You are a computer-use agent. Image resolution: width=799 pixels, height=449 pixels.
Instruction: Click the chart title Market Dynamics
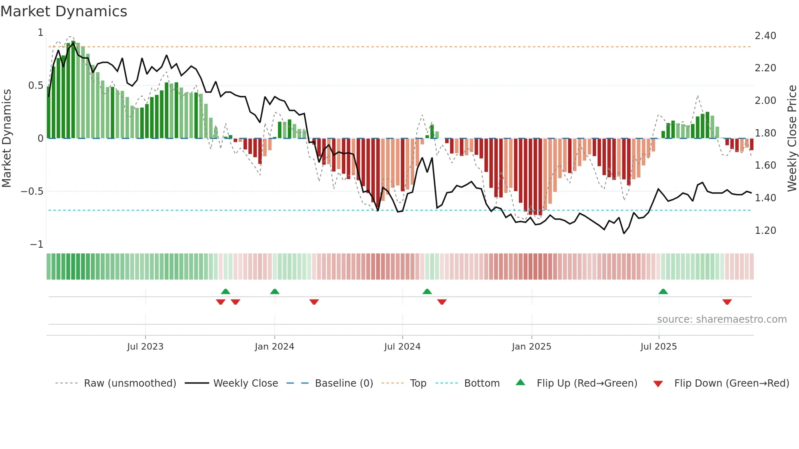pyautogui.click(x=64, y=11)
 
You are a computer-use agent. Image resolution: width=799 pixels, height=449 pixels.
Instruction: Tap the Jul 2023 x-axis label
pyautogui.click(x=145, y=346)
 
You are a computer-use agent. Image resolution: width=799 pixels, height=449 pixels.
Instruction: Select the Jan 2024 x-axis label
pyautogui.click(x=274, y=346)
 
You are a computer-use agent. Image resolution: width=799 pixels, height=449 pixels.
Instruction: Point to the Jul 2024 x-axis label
pyautogui.click(x=402, y=346)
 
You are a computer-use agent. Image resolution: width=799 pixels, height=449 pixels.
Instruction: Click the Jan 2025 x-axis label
pyautogui.click(x=532, y=346)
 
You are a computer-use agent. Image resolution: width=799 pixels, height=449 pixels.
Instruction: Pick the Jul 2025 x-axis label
pyautogui.click(x=659, y=346)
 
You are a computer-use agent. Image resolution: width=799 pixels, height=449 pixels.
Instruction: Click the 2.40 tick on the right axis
pyautogui.click(x=765, y=36)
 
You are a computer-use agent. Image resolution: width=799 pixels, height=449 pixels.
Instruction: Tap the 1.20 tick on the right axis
pyautogui.click(x=765, y=230)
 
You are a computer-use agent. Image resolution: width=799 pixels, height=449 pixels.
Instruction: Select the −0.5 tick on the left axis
pyautogui.click(x=32, y=191)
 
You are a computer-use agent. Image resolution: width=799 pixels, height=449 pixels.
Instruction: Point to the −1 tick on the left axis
pyautogui.click(x=36, y=244)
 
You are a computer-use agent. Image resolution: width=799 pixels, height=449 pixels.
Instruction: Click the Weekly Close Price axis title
pyautogui.click(x=792, y=138)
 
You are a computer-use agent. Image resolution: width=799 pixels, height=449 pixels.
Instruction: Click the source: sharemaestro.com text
pyautogui.click(x=722, y=319)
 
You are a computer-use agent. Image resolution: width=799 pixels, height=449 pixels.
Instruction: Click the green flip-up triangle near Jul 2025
pyautogui.click(x=663, y=291)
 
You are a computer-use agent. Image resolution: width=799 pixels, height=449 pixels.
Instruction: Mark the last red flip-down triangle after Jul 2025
pyautogui.click(x=727, y=302)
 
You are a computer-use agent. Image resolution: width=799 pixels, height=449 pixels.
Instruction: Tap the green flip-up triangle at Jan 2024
pyautogui.click(x=275, y=291)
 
